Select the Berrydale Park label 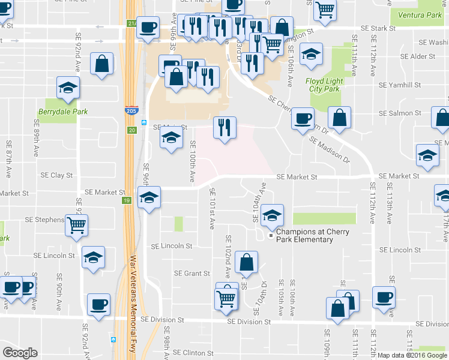click(62, 112)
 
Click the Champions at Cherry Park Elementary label click(304, 235)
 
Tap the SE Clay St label click(56, 175)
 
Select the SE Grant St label click(191, 273)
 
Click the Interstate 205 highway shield click(131, 111)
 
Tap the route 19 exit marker click(128, 200)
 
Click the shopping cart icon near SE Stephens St click(77, 226)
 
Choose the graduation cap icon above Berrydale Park click(68, 88)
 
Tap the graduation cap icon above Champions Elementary click(273, 215)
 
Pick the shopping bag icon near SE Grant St click(246, 262)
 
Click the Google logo click(20, 352)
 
